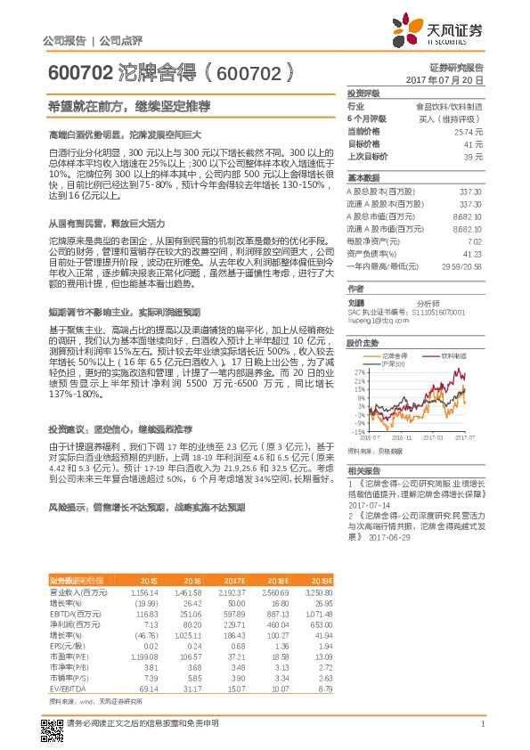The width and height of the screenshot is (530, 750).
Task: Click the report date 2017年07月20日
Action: click(x=444, y=80)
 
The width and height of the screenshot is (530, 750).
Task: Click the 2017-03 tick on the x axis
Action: click(x=433, y=437)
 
